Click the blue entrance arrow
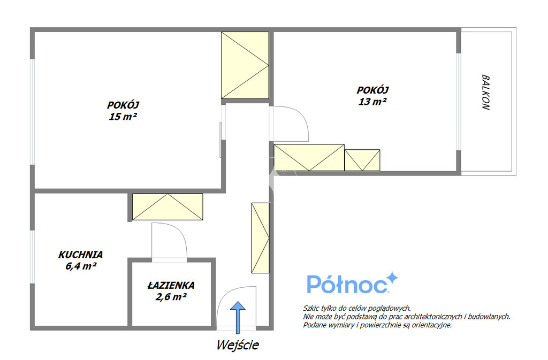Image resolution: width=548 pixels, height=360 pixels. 238,317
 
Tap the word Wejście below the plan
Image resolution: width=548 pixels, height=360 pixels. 238,345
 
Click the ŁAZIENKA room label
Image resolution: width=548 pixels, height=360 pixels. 171,285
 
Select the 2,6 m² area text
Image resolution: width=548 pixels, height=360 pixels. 171,297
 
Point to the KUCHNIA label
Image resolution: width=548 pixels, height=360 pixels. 80,255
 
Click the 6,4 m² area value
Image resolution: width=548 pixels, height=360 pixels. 81,266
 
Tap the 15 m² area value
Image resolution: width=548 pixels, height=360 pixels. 123,116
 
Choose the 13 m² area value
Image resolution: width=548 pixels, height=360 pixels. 372,102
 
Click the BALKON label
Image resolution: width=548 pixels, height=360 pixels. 486,92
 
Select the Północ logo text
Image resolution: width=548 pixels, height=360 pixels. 348,284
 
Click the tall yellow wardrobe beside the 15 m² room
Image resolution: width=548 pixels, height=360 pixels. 245,65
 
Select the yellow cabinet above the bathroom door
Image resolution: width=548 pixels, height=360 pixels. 168,206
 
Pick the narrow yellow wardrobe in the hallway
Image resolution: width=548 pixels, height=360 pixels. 261,238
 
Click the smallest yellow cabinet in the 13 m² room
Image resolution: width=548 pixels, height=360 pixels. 362,160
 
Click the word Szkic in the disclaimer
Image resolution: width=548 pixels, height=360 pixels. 311,308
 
